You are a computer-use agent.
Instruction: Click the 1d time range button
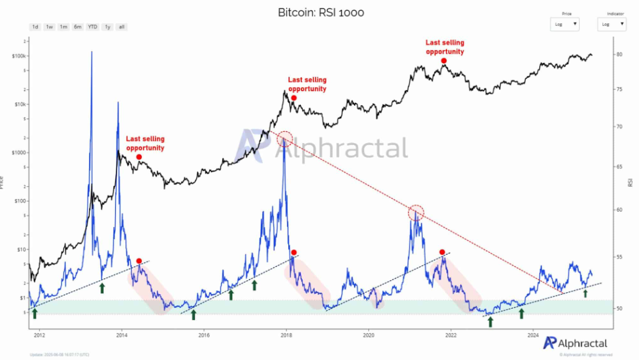35,27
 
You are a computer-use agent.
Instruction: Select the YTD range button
93,27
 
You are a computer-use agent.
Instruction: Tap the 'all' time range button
121,27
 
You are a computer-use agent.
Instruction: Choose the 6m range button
78,27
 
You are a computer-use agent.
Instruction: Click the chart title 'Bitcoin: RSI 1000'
321,13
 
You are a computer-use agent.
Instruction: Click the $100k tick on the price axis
19,56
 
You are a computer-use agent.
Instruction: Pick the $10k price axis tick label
19,104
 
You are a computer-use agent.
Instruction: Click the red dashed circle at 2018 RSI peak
285,138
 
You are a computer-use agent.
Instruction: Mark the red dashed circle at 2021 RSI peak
416,213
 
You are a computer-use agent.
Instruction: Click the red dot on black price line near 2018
294,98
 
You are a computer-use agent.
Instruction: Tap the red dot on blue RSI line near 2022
442,252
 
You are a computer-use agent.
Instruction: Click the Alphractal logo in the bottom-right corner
575,342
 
